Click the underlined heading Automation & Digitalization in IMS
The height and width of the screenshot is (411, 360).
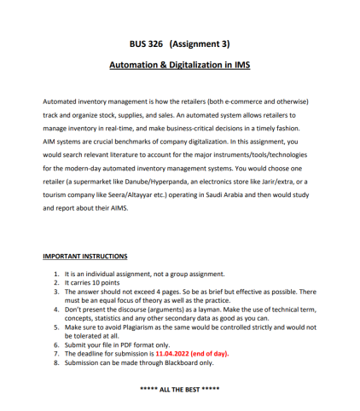pos(179,65)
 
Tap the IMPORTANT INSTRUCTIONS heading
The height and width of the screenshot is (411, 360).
pos(85,256)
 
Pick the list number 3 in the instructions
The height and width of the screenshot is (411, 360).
pos(56,291)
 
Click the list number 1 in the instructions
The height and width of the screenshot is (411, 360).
pos(56,274)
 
